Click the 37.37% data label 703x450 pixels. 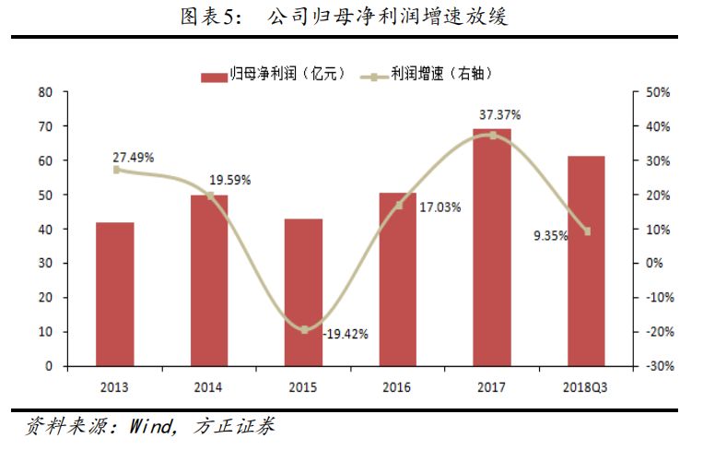tap(500, 115)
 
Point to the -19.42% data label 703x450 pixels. tap(346, 334)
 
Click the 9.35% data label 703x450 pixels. tap(551, 235)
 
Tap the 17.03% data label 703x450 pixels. tap(439, 208)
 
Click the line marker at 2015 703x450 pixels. tap(304, 329)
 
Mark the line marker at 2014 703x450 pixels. tap(210, 195)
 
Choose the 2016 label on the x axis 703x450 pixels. tap(398, 385)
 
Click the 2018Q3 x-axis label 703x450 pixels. tap(586, 385)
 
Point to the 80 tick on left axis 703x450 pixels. tap(44, 92)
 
